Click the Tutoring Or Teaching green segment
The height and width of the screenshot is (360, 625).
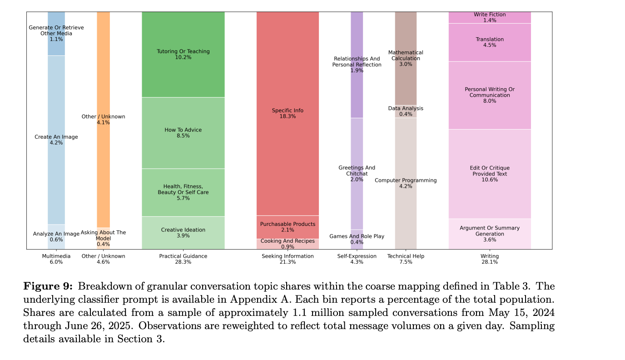(x=183, y=54)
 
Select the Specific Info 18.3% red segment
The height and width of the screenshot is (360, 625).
(x=288, y=113)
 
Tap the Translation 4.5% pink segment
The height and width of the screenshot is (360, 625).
(x=489, y=42)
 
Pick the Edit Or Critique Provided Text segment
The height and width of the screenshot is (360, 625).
(x=489, y=174)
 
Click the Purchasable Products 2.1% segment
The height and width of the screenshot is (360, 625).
(x=288, y=227)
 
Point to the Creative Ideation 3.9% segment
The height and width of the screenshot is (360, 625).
(x=183, y=233)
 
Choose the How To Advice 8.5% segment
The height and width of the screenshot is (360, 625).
(x=183, y=133)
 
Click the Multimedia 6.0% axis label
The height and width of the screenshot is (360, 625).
(x=56, y=259)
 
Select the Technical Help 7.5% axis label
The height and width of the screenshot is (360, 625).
(x=406, y=259)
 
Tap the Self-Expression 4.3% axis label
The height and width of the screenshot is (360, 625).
(x=357, y=259)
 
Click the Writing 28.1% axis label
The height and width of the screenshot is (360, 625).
(x=489, y=259)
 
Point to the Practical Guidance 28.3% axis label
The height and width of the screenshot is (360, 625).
(x=183, y=259)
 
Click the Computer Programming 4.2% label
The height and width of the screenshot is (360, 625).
(x=406, y=183)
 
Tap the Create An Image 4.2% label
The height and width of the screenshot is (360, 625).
(x=56, y=140)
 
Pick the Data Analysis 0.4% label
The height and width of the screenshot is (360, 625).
(x=406, y=111)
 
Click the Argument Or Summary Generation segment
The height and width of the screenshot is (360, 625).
(x=489, y=234)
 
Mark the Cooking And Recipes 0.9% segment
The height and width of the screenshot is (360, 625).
(x=288, y=244)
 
